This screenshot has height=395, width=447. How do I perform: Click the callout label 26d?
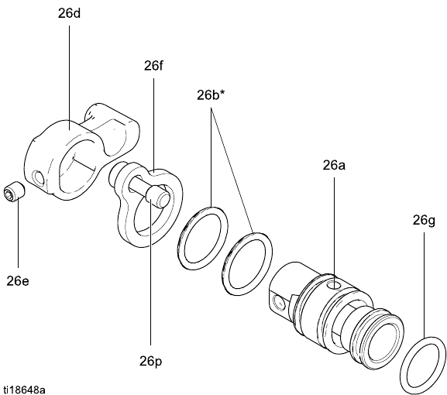(69, 13)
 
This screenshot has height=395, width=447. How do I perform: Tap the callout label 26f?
(153, 66)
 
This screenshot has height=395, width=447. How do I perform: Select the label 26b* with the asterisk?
(208, 95)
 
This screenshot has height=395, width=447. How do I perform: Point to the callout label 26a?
(334, 165)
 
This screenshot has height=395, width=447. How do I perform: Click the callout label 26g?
(424, 221)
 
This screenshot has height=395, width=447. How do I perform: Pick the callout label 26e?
(18, 281)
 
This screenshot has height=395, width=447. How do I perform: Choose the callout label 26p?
(150, 362)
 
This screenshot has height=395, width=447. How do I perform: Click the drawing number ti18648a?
(24, 390)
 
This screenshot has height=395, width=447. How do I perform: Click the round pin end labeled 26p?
(160, 197)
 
